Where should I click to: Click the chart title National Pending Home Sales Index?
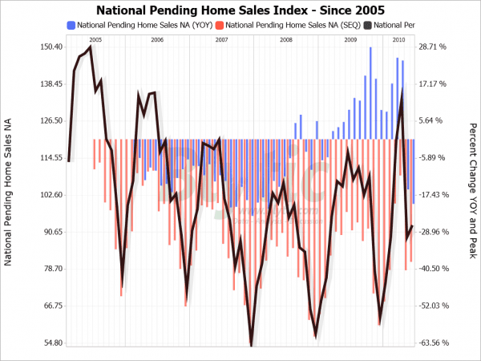(x=240, y=10)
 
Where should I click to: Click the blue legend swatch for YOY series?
(x=71, y=26)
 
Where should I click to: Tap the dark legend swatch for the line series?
(x=367, y=26)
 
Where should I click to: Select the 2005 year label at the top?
(x=95, y=39)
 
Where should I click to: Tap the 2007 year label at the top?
(x=221, y=39)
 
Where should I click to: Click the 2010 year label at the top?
(x=398, y=39)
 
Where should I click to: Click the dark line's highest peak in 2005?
(x=91, y=47)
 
